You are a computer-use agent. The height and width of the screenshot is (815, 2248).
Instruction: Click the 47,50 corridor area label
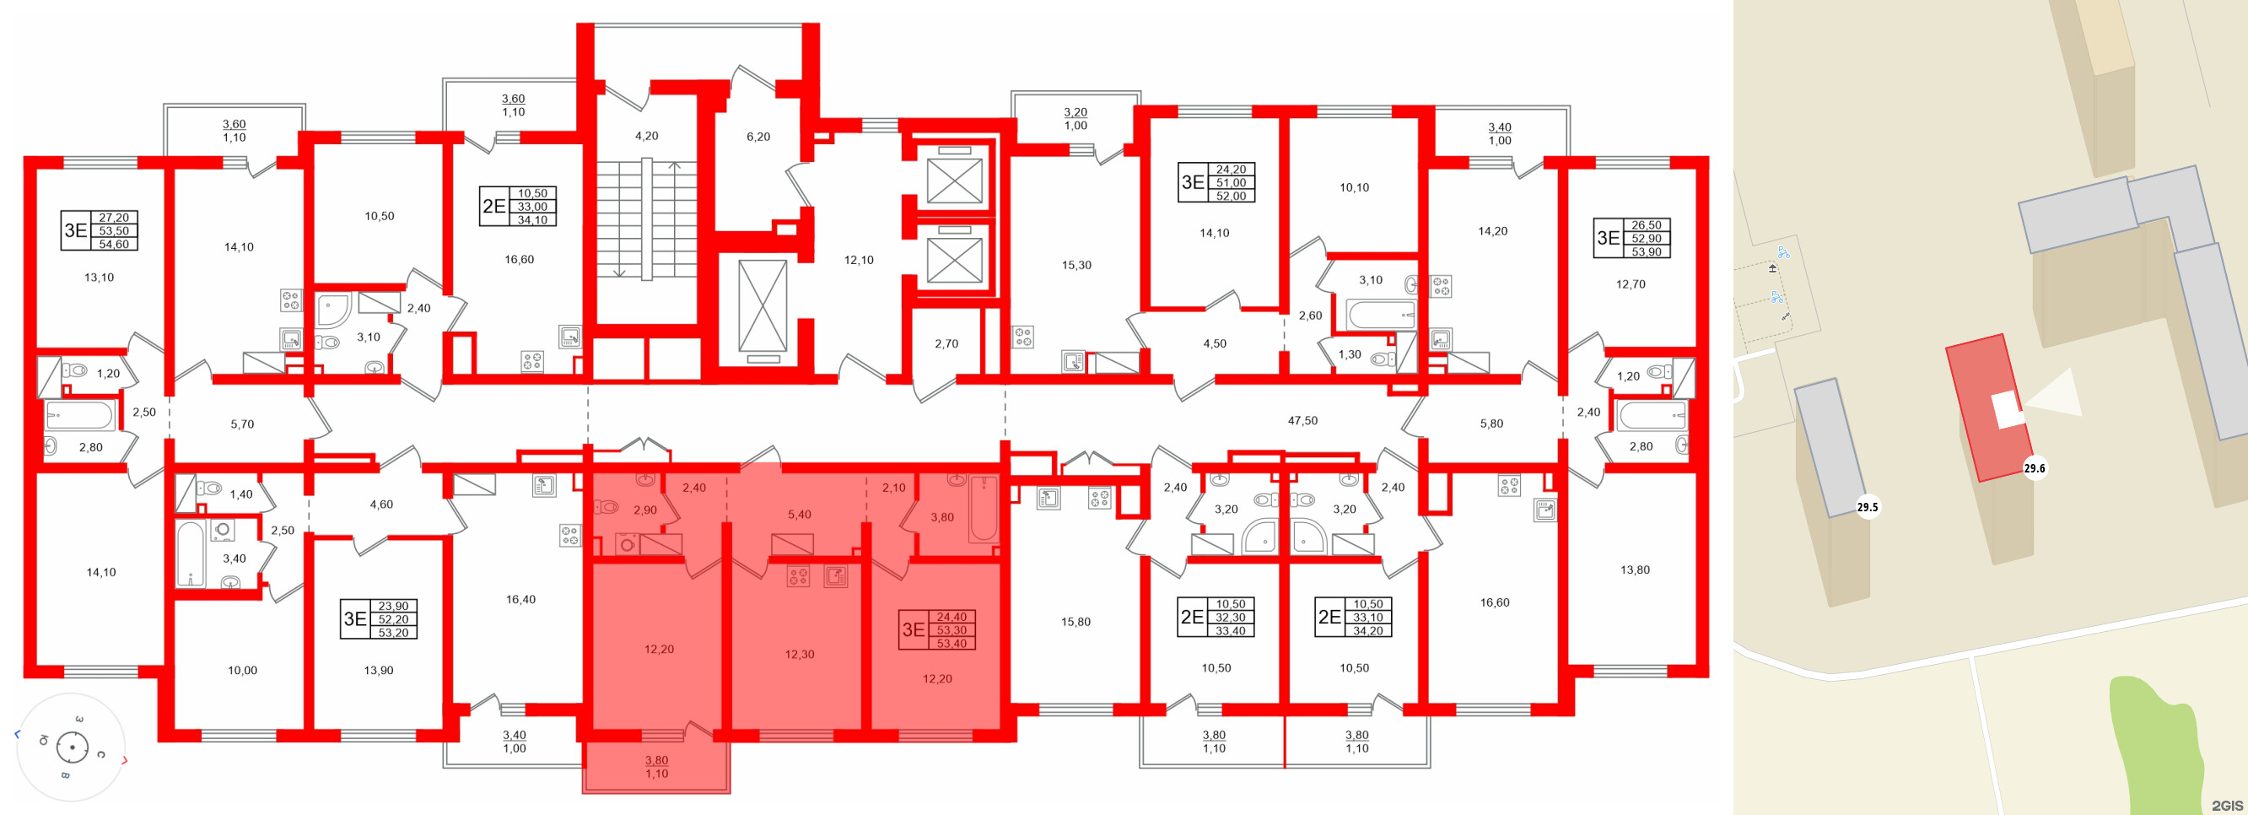tap(1302, 421)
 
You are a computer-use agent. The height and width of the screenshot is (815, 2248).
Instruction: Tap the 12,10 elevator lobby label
tap(858, 260)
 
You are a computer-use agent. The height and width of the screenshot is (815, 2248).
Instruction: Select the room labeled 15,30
tap(1075, 265)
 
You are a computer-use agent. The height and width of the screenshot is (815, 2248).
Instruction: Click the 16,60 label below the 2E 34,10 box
tap(519, 259)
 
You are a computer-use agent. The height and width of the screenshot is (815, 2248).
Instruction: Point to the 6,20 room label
tap(757, 137)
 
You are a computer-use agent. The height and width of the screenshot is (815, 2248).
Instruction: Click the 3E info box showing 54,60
tap(99, 230)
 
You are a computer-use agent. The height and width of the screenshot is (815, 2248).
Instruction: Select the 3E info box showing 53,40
tap(937, 630)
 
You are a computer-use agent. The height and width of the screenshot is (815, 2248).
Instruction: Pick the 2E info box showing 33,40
tap(1216, 617)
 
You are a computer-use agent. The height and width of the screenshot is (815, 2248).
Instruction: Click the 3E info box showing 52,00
tap(1216, 182)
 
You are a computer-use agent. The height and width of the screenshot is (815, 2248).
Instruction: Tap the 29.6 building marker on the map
tap(2035, 468)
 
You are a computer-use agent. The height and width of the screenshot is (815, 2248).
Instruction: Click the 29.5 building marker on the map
tap(1868, 507)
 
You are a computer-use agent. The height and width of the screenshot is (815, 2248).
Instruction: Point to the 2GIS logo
tap(2226, 805)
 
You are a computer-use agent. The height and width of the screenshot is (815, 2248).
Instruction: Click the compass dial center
tap(72, 748)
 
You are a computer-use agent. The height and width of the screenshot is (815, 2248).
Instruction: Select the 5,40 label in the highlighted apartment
tap(799, 515)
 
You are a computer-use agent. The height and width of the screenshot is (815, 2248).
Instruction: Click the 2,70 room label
tap(946, 343)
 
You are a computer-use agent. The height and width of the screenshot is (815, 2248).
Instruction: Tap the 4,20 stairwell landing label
tap(646, 136)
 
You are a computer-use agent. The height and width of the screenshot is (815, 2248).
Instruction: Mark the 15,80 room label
tap(1075, 622)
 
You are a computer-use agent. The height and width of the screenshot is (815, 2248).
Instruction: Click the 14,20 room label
tap(1491, 231)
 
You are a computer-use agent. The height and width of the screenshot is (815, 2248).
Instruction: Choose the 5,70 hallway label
tap(242, 424)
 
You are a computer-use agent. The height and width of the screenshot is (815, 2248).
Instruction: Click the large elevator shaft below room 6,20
tap(762, 305)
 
